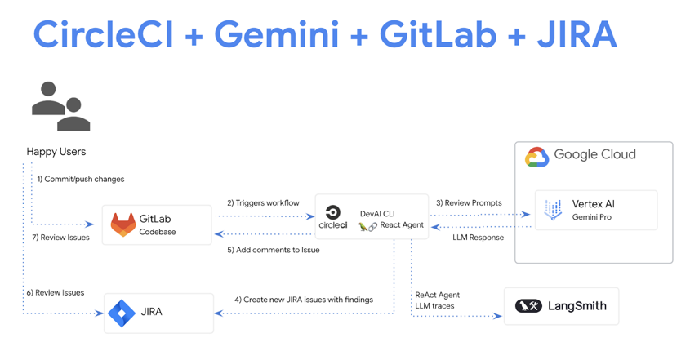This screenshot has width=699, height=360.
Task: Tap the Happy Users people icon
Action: (x=60, y=106)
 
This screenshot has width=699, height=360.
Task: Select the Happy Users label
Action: (x=56, y=151)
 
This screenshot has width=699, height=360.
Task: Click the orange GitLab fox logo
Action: (x=123, y=224)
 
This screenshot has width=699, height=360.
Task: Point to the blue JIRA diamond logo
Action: (x=122, y=313)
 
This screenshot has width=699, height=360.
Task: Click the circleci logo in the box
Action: (x=332, y=217)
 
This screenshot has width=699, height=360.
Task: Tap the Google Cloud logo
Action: (x=536, y=156)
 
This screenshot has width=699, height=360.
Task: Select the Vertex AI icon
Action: (x=553, y=210)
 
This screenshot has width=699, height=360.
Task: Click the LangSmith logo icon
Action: (x=528, y=306)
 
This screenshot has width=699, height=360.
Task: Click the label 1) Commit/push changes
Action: (x=80, y=179)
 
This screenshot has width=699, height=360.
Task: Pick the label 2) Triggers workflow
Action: (x=263, y=202)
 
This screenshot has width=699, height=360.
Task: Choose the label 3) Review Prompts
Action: (x=469, y=202)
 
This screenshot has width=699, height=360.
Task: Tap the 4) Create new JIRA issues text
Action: (x=304, y=300)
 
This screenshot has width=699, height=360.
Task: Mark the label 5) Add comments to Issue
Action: (x=274, y=250)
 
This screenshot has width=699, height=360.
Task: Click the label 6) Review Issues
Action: (x=55, y=292)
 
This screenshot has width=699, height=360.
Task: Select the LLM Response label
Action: (x=478, y=238)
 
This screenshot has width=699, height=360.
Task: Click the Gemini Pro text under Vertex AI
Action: (x=591, y=217)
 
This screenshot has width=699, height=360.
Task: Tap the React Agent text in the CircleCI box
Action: (x=402, y=225)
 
